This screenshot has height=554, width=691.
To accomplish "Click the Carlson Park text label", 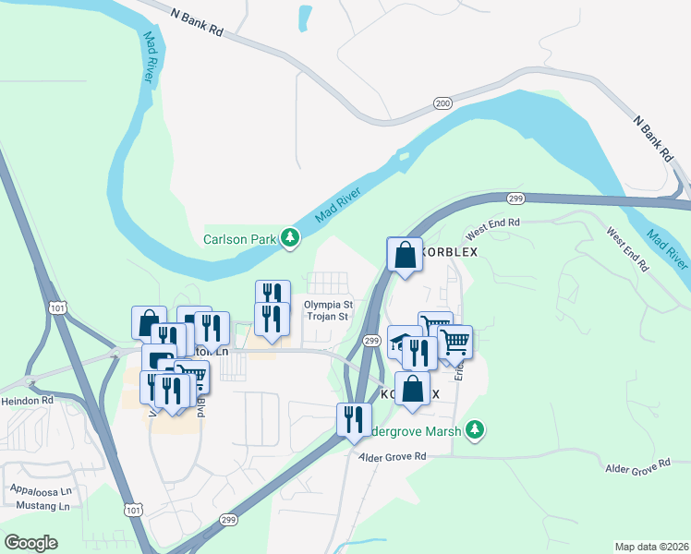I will tap(240, 239).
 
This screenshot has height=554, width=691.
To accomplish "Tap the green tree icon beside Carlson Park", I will tap(291, 238).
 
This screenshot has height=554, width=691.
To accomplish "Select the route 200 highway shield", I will tap(443, 103).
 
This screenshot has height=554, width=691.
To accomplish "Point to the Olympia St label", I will tap(328, 304).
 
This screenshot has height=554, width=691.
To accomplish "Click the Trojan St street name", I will tap(328, 317).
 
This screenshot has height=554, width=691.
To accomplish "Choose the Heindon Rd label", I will tap(28, 401).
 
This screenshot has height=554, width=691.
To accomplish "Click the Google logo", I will tap(31, 543).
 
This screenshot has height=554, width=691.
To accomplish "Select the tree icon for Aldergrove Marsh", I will tap(475, 429).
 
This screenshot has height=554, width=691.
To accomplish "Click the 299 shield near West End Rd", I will tap(515, 198).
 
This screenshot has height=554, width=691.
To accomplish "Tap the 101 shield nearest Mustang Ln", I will tap(134, 510).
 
